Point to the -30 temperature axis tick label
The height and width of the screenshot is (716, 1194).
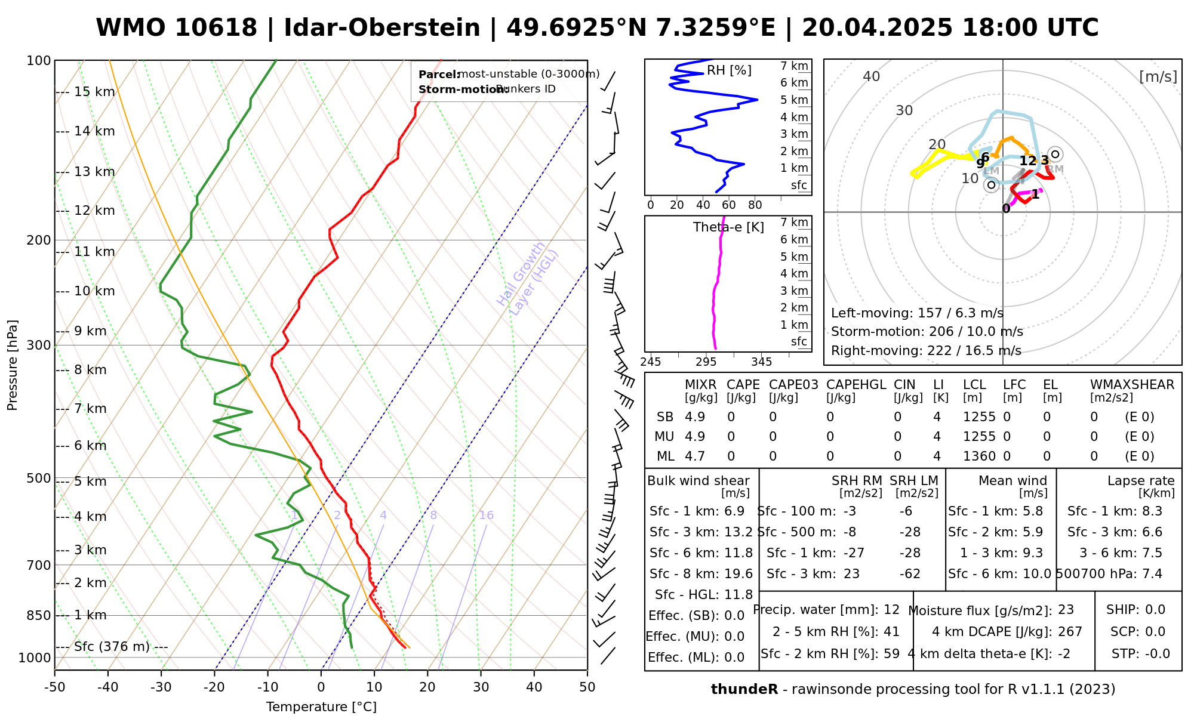(161, 687)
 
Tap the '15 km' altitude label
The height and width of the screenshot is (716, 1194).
(94, 92)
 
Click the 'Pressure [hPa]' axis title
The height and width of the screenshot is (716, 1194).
(13, 365)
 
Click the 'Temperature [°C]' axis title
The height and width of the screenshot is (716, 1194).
(321, 707)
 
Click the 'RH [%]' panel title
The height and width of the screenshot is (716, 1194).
(729, 70)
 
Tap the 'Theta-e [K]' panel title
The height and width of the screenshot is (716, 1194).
(728, 227)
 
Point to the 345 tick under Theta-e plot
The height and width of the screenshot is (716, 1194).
(761, 362)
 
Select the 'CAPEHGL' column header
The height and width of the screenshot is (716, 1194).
(856, 385)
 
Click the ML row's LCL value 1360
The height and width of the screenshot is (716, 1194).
(979, 456)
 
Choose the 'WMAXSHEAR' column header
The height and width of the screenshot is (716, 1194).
(1132, 385)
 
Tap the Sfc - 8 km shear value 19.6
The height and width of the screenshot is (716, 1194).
(738, 574)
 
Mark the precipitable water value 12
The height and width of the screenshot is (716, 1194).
(891, 610)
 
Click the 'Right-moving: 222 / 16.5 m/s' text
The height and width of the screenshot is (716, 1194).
(926, 351)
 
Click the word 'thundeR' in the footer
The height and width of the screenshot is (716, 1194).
(744, 690)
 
